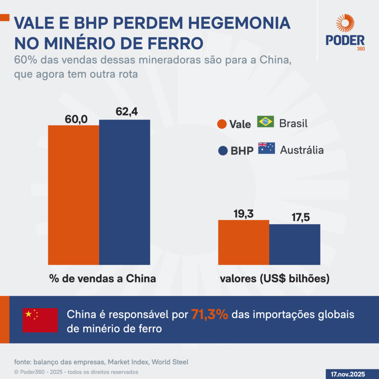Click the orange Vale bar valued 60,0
74,195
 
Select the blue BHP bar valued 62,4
124,192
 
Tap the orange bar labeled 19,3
244,242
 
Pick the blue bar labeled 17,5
295,244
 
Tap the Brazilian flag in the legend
265,122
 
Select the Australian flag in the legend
266,148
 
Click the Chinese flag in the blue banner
40,320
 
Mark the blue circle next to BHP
223,151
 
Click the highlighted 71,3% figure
209,315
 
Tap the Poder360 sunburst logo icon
345,23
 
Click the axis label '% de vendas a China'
103,279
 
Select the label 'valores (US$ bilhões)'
274,279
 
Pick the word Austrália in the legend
302,150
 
